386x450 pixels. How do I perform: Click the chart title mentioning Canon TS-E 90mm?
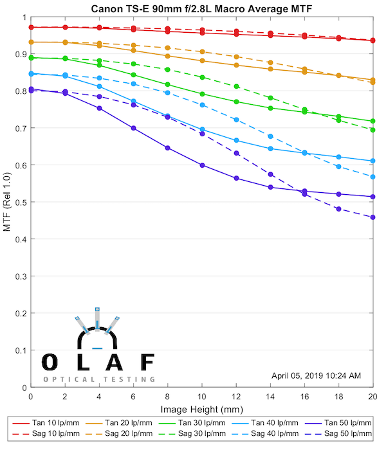click(x=201, y=8)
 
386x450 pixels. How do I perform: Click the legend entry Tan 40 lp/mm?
click(x=277, y=422)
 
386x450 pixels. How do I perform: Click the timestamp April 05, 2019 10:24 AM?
click(x=317, y=375)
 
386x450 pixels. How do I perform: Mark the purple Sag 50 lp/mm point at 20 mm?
click(x=373, y=217)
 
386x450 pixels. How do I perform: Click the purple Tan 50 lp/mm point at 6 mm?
click(x=133, y=128)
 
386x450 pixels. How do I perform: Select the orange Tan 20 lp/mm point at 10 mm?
click(x=202, y=61)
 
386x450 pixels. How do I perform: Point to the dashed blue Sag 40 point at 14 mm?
click(x=270, y=136)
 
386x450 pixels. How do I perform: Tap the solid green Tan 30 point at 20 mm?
click(x=373, y=121)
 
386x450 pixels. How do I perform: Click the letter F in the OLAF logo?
click(x=147, y=363)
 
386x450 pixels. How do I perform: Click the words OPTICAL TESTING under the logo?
click(x=99, y=379)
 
